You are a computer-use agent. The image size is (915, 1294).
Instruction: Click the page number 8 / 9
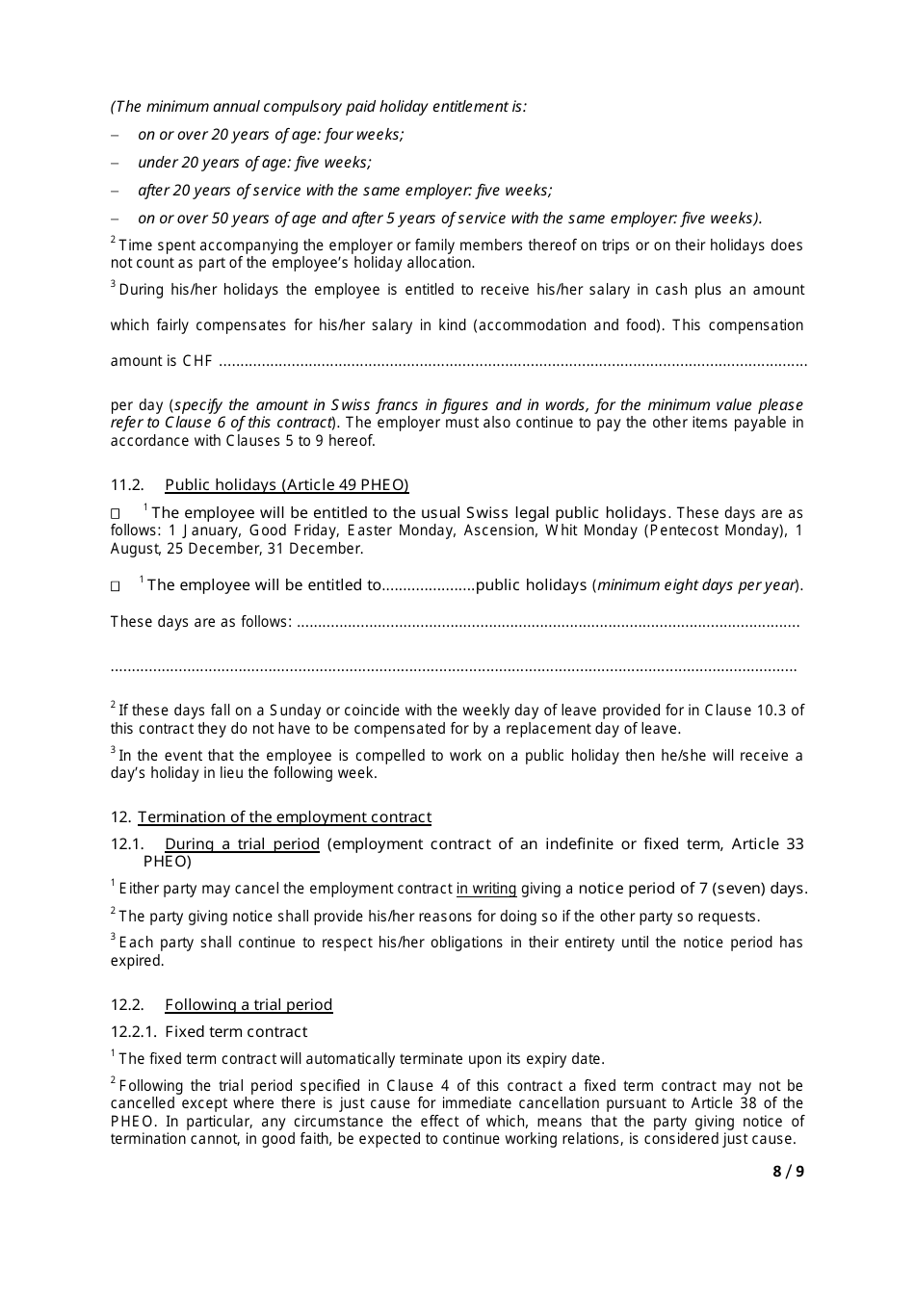point(788,1171)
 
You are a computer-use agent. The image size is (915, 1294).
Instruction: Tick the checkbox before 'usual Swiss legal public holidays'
point(116,514)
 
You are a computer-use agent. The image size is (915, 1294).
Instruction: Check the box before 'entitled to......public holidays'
point(116,585)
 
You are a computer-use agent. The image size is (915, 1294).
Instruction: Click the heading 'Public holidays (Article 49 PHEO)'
point(287,485)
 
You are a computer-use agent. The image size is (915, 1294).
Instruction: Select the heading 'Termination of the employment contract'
point(284,817)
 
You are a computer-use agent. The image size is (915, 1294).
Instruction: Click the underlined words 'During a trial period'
point(242,844)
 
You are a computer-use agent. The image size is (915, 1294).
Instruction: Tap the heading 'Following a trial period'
point(248,1005)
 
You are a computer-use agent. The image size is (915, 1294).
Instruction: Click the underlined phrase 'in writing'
point(486,889)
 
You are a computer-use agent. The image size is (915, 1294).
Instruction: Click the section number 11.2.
point(127,485)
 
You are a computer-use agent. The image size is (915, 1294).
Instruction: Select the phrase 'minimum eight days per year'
point(697,585)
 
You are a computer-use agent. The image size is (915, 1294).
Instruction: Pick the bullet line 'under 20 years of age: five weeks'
point(254,163)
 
